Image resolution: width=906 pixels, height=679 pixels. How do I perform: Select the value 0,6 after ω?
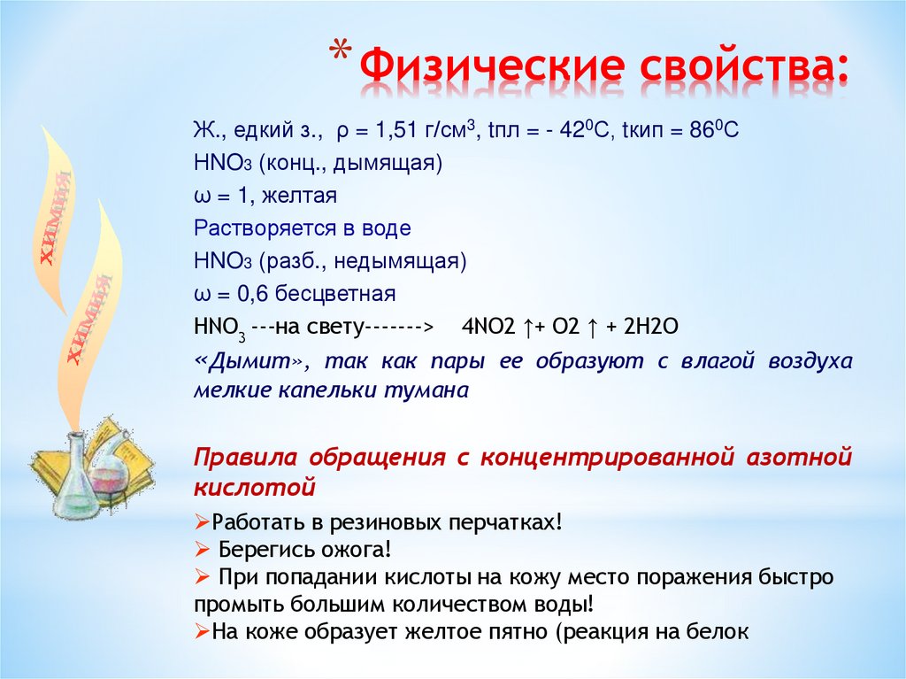257,293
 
